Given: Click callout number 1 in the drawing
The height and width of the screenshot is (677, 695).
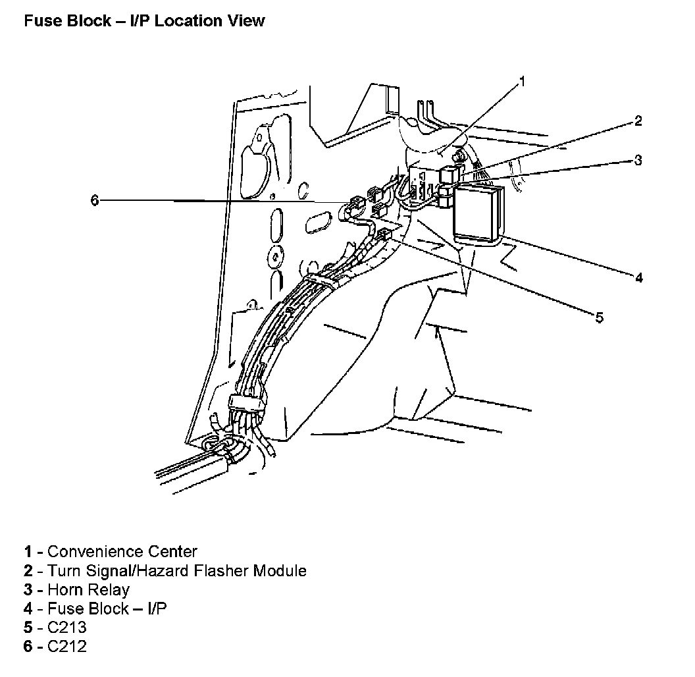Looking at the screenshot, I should [x=522, y=81].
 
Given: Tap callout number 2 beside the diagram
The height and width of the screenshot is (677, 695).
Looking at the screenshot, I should [x=638, y=121].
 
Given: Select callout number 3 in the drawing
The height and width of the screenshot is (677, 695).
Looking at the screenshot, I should [x=638, y=160].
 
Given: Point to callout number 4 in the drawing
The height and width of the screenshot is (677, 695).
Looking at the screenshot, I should [x=638, y=277].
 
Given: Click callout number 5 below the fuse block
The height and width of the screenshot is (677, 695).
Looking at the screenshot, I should [x=599, y=317].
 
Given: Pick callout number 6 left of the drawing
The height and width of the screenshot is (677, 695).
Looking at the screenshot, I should [x=94, y=200].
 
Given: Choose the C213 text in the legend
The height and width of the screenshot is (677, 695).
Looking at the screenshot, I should [x=66, y=628].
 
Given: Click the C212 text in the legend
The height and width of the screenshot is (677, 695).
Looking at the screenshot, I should [x=66, y=647].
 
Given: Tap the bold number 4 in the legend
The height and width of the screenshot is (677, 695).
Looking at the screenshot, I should [x=28, y=609].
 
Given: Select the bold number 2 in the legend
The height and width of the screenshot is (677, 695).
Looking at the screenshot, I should [x=28, y=570].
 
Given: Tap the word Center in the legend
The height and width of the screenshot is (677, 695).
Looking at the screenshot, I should [x=172, y=551].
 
